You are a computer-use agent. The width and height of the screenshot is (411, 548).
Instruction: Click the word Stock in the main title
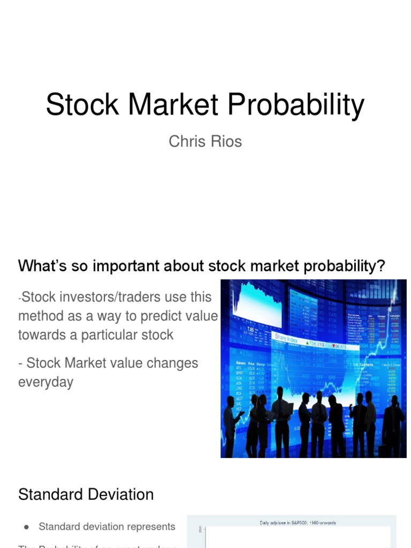(x=74, y=104)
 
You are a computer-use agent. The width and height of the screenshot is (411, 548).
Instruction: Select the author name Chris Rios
(x=205, y=142)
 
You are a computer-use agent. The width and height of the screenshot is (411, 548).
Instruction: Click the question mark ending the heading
(x=380, y=266)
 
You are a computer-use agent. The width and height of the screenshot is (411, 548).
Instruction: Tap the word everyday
(x=45, y=382)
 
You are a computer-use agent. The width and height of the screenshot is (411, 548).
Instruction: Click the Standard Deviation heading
(x=86, y=494)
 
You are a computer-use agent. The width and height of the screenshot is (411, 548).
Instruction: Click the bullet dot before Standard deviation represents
(x=26, y=527)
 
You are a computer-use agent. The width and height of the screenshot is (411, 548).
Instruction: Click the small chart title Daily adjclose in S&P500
(x=297, y=522)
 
